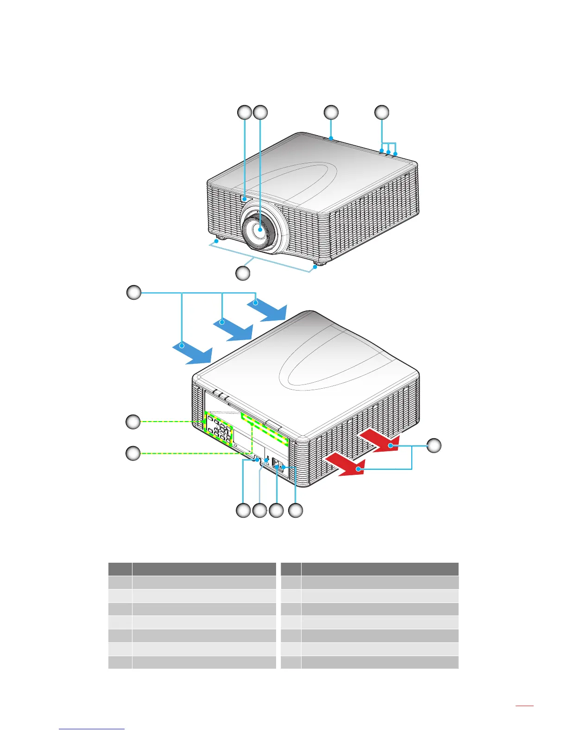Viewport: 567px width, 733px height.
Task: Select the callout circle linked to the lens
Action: [261, 112]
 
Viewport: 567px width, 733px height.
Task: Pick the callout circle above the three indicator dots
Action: [382, 112]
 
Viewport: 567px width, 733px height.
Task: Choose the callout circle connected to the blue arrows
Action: [134, 293]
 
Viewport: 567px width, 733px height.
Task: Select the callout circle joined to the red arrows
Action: [434, 446]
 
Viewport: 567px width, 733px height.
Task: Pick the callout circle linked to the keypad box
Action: [133, 422]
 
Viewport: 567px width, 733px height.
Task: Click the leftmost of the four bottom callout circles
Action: [243, 510]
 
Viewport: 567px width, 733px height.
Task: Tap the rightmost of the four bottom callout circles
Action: [296, 510]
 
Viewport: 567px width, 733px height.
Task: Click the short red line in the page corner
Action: [524, 706]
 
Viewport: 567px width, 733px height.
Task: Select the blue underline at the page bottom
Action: [92, 729]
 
